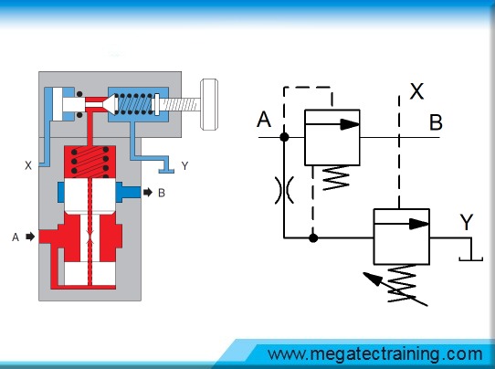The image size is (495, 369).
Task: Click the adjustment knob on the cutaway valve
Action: pos(209,104)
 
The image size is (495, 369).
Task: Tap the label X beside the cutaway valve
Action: pos(28,165)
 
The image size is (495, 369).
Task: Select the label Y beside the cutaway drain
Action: pos(184,165)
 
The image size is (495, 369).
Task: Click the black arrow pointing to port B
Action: pos(148,192)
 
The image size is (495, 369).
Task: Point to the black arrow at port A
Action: pos(30,237)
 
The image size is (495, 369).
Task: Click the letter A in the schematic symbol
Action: pos(264,120)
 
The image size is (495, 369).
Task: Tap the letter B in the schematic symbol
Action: pos(436,122)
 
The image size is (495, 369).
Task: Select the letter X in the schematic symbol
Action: pos(416,91)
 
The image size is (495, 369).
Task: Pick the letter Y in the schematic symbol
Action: pos(467,222)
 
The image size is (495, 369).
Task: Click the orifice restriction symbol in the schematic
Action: pos(284,190)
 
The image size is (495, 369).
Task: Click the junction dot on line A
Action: pos(284,137)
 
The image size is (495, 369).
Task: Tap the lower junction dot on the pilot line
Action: pos(313,237)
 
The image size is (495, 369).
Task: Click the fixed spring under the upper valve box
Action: pos(336,178)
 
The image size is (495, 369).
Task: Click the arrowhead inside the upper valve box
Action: pos(350,124)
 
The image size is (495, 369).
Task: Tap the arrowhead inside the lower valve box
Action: pos(419,224)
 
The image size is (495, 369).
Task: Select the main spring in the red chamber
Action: pos(90,162)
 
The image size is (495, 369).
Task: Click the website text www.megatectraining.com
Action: pos(375,354)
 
